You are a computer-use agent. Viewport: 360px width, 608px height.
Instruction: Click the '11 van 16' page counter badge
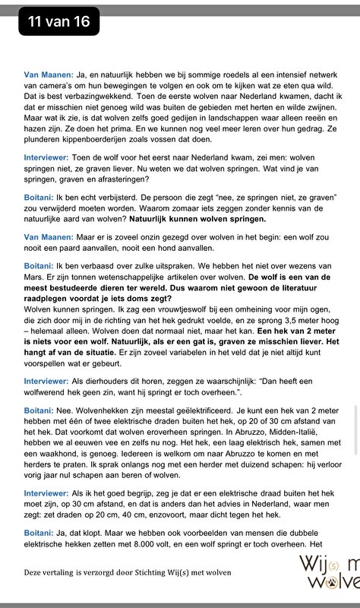[58, 22]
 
